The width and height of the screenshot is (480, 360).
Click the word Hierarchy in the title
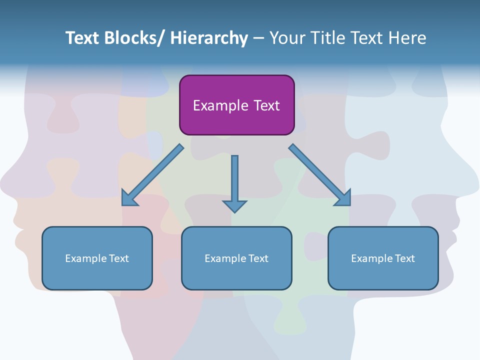click(x=209, y=38)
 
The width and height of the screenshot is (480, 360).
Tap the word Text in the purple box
click(x=266, y=105)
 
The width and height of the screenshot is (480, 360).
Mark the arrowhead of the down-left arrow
click(x=129, y=198)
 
